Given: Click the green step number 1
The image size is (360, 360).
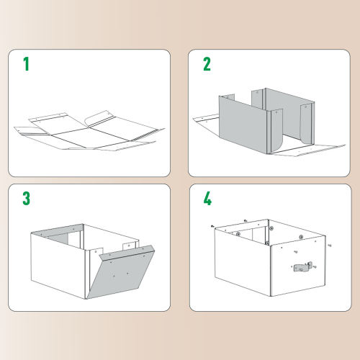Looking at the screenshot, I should pos(27,64).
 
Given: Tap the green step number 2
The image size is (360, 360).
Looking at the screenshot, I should pos(207,64).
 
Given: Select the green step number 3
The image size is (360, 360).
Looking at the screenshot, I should pos(27,198).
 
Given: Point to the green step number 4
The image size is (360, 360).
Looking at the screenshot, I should pos(207,198).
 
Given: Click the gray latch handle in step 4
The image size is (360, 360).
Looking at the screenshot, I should pos(302,267).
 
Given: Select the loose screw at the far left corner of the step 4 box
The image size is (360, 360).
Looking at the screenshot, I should pos(213,225).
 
